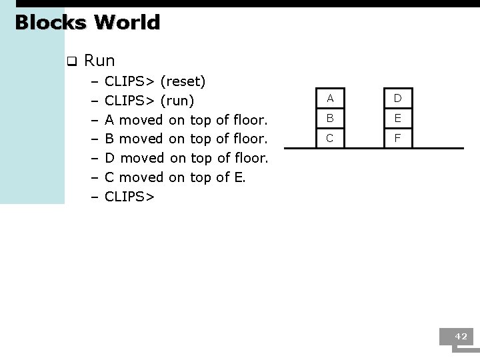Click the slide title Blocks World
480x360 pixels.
pos(87,23)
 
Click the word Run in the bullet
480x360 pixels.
pos(100,61)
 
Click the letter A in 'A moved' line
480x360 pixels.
pos(110,121)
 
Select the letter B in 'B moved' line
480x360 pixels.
pos(110,139)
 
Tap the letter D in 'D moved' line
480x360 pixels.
pos(111,159)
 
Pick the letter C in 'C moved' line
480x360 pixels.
pos(110,177)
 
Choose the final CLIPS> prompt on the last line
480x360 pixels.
pos(130,197)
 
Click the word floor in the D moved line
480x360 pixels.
pos(251,159)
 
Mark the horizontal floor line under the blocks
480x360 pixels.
pos(373,148)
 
